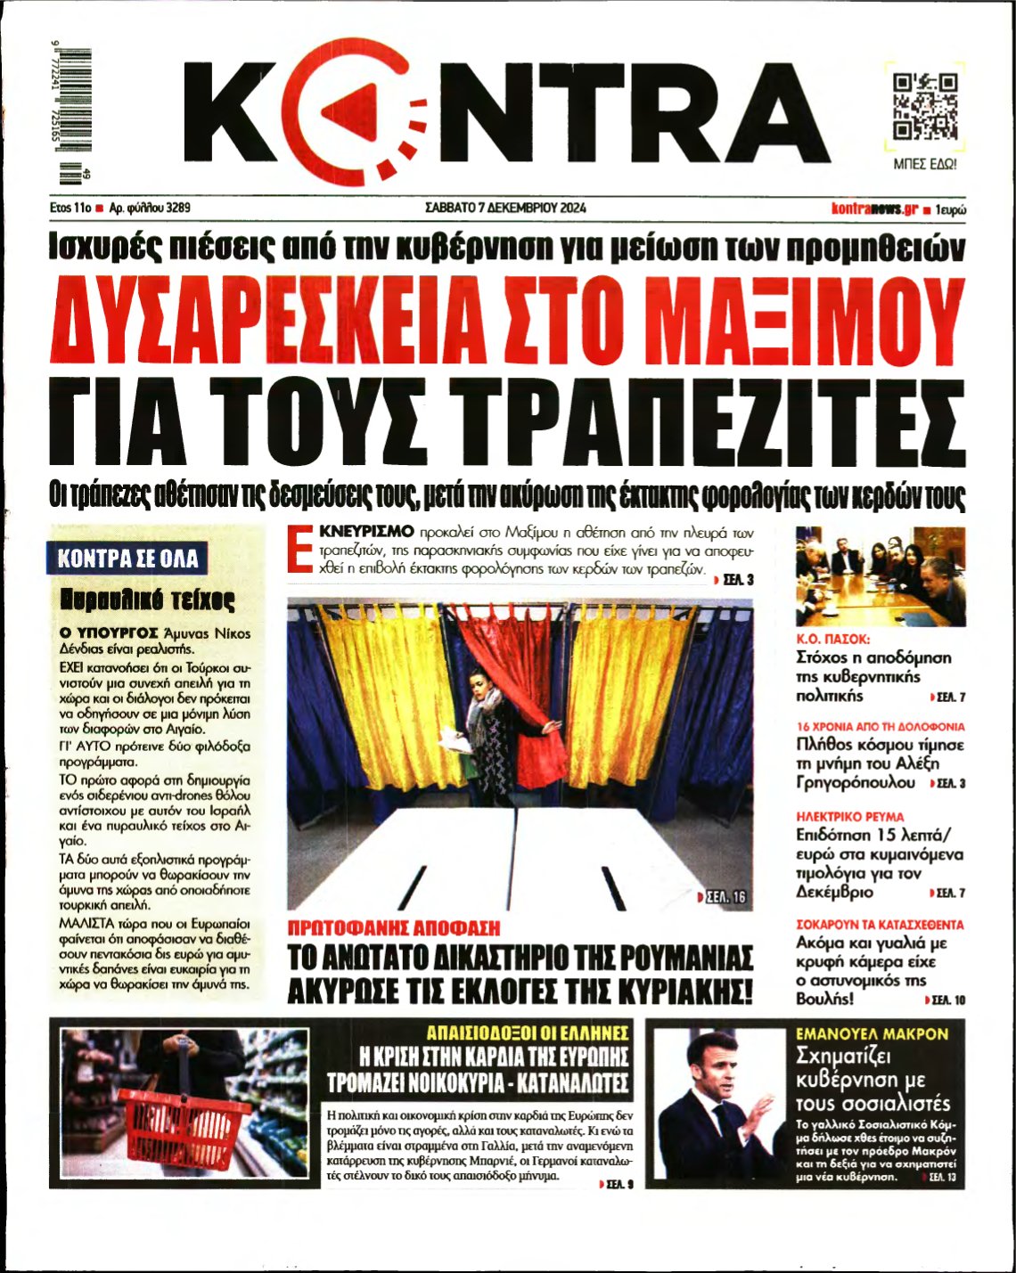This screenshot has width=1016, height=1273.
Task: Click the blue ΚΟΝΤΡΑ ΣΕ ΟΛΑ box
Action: point(127,559)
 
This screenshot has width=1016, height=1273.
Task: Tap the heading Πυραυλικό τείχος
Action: point(147,600)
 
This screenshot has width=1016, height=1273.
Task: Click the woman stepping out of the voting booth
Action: point(488,726)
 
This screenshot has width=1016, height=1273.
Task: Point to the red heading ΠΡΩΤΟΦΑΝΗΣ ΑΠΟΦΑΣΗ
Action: point(393,928)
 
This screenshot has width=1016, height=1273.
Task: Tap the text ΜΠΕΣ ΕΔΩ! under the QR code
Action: point(925,165)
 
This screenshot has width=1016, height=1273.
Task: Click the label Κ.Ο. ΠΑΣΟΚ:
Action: point(832,640)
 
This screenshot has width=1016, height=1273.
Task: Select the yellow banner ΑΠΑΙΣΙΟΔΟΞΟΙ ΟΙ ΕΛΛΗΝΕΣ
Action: point(528,1033)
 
